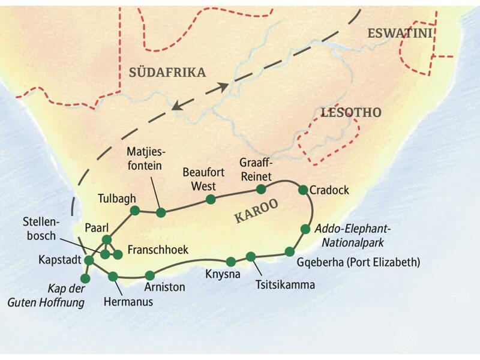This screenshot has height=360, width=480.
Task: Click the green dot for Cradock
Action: click(303, 190)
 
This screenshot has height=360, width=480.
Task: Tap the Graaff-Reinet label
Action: click(256, 169)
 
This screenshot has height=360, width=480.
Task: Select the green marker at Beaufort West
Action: click(210, 199)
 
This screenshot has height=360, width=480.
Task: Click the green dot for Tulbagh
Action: click(135, 210)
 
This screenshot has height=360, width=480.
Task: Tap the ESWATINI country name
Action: click(400, 34)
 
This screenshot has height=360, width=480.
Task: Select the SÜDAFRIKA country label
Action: click(167, 73)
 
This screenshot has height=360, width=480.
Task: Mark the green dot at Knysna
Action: click(231, 261)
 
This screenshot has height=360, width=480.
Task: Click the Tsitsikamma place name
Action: click(284, 284)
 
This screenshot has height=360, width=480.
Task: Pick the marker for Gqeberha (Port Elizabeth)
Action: click(290, 251)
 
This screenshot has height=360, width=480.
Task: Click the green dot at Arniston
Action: click(149, 275)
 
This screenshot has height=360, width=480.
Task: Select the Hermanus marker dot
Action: click(113, 276)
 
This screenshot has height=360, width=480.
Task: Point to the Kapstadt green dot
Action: click(89, 260)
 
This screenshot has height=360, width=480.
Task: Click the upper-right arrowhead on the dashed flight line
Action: click(223, 86)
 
